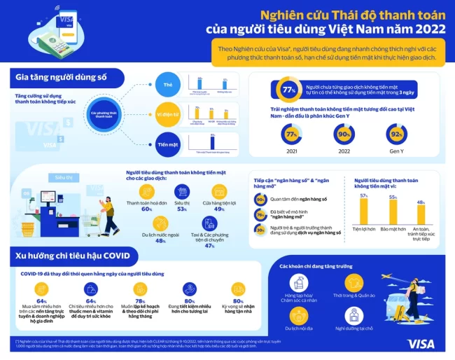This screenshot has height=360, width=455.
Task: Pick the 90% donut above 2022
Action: (x=344, y=134)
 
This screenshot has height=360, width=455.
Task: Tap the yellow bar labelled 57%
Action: (x=363, y=211)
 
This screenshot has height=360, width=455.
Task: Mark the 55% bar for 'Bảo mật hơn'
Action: (x=392, y=212)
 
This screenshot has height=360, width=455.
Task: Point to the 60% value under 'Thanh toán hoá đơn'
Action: (x=147, y=209)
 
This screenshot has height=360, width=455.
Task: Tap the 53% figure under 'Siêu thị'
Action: (x=181, y=209)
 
